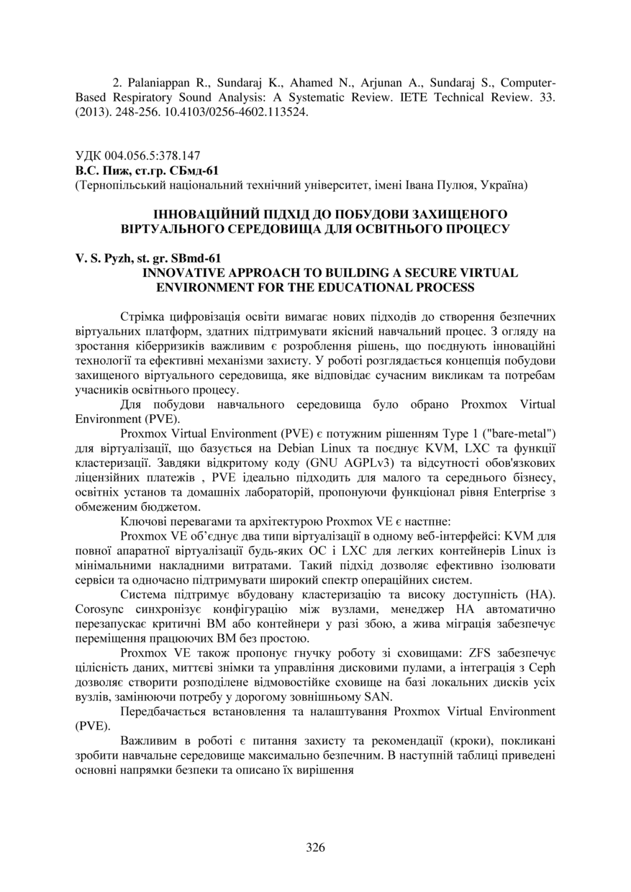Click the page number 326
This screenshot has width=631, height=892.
[x=315, y=847]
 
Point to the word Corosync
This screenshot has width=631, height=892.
[x=101, y=610]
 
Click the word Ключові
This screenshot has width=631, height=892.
[x=143, y=522]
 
